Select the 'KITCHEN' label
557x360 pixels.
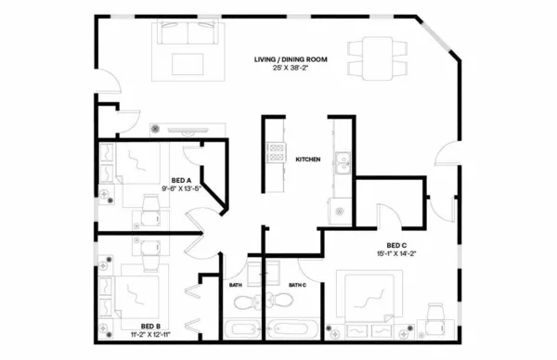[x=307, y=160]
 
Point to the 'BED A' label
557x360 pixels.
[x=181, y=180]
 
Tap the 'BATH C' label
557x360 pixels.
[x=297, y=285]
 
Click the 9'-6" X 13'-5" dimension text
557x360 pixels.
[x=181, y=190]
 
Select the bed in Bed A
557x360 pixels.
[x=136, y=167]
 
